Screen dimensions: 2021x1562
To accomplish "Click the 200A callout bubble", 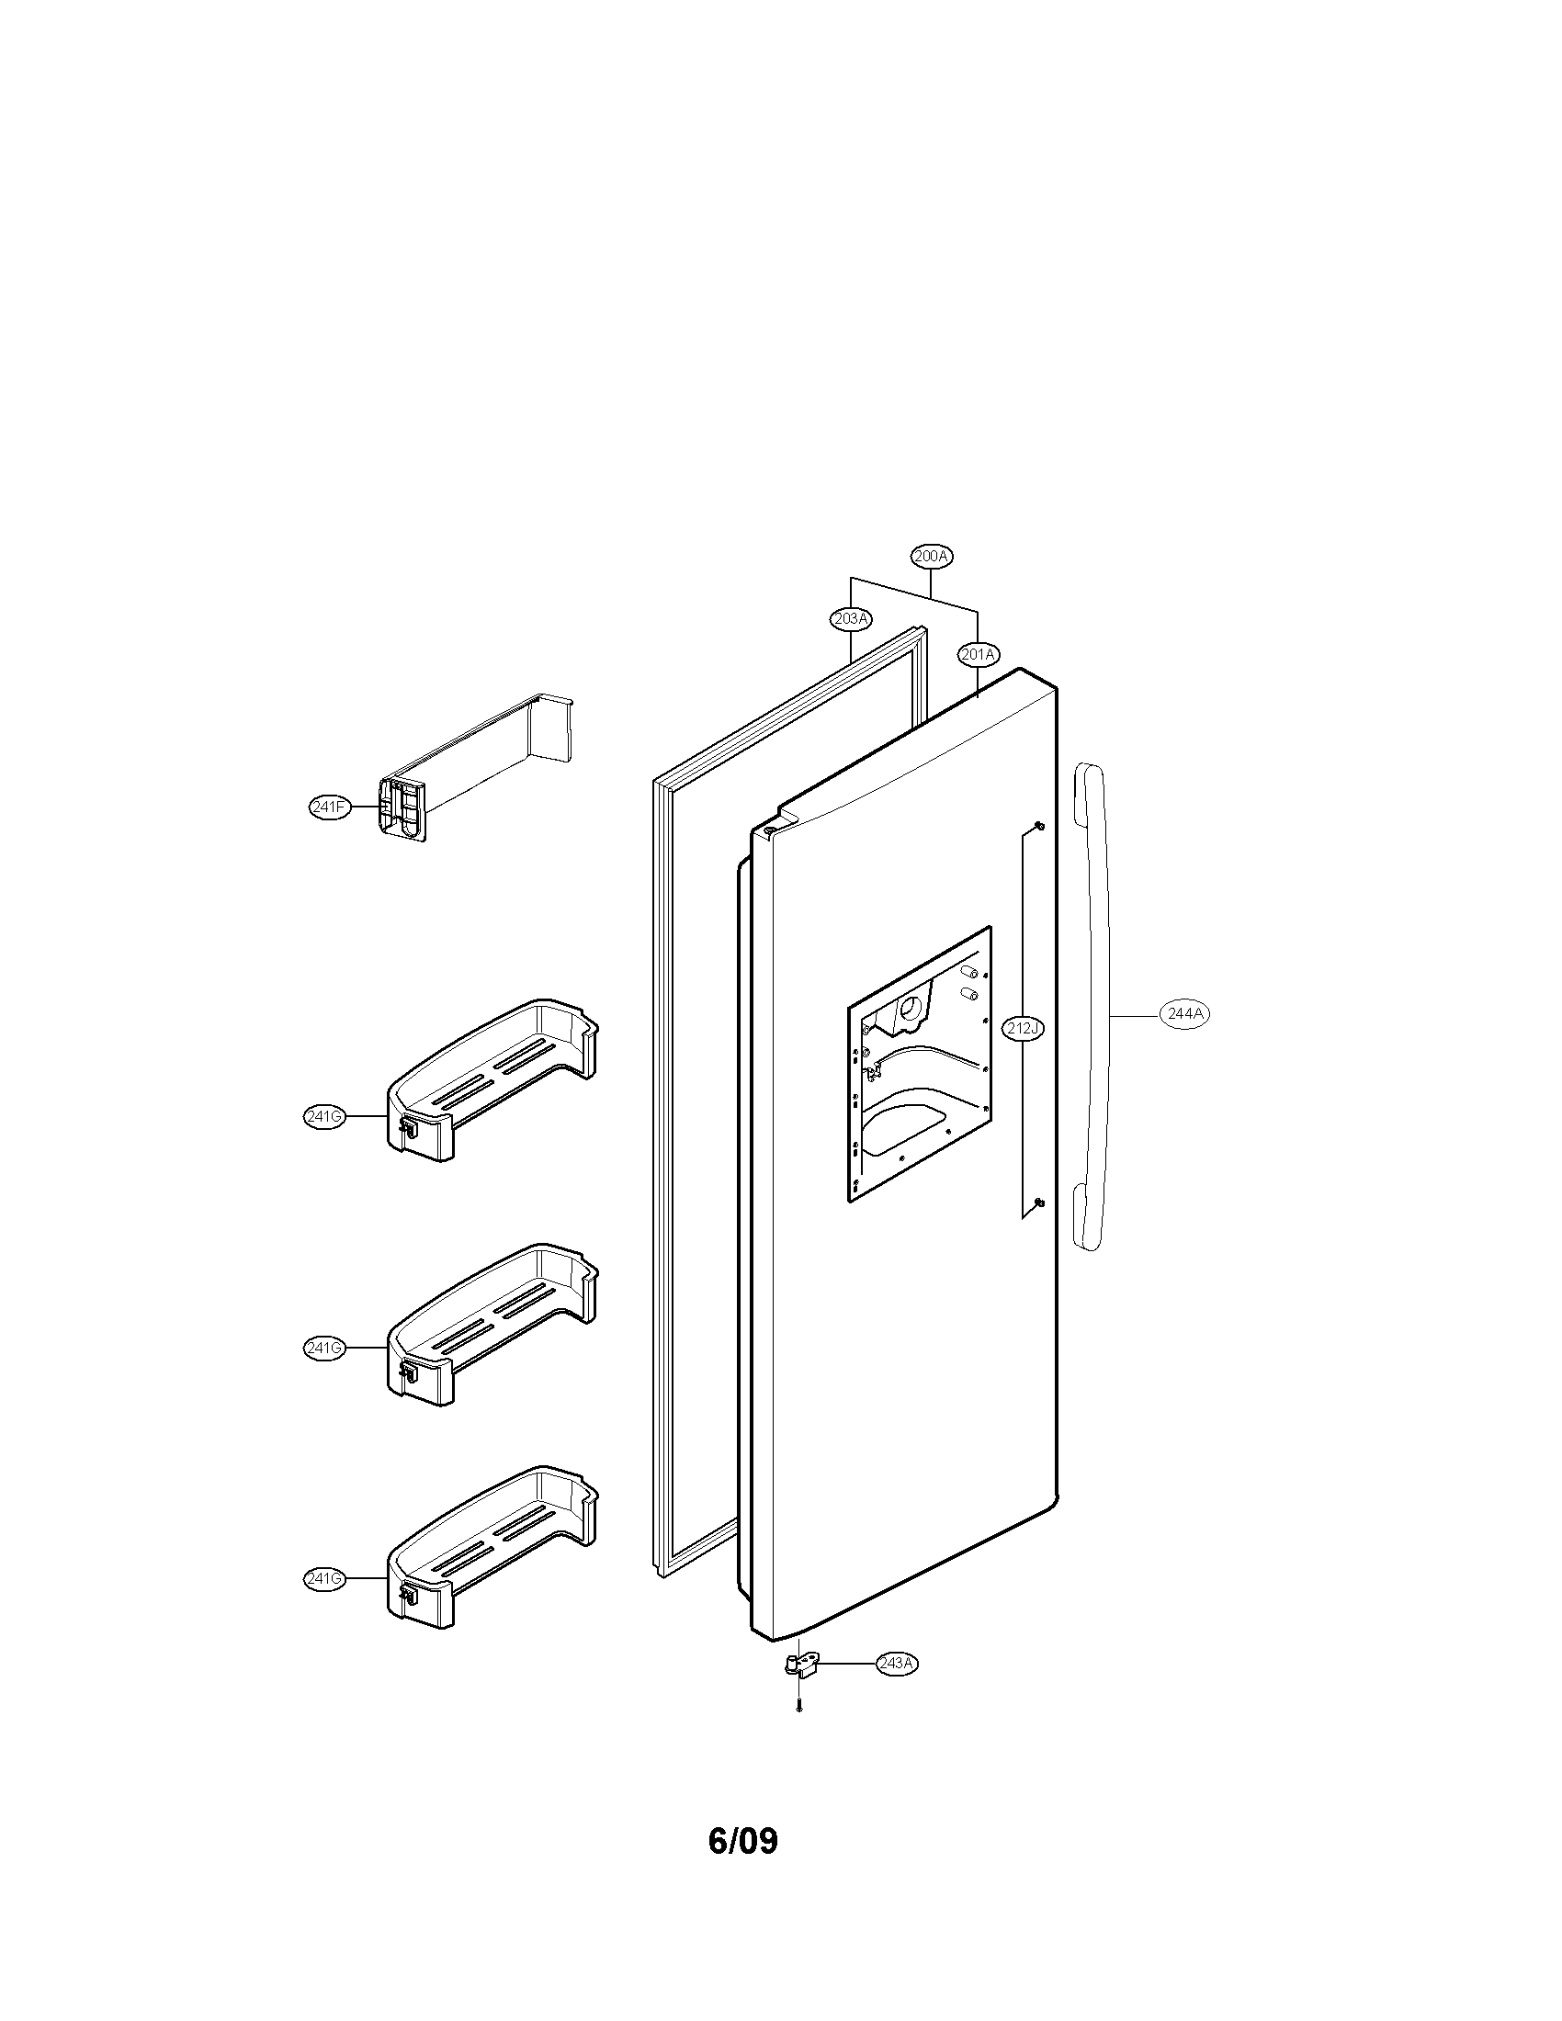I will (x=932, y=556).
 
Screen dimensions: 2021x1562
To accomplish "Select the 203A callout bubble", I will (x=851, y=618).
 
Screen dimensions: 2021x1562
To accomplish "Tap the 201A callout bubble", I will (x=979, y=655).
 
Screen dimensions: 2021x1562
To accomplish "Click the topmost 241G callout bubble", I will (x=324, y=1117).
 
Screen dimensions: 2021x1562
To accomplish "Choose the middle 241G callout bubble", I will (x=324, y=1349).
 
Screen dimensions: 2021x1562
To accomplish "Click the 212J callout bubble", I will (x=1023, y=1027).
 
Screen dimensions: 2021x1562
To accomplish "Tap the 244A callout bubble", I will (x=1184, y=1014).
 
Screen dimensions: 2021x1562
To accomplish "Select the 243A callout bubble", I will (x=898, y=1663).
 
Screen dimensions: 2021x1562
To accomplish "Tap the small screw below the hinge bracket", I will (x=798, y=1709).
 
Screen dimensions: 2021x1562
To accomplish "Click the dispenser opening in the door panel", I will (x=919, y=1064).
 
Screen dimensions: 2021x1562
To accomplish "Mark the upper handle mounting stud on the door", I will (x=1039, y=826).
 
